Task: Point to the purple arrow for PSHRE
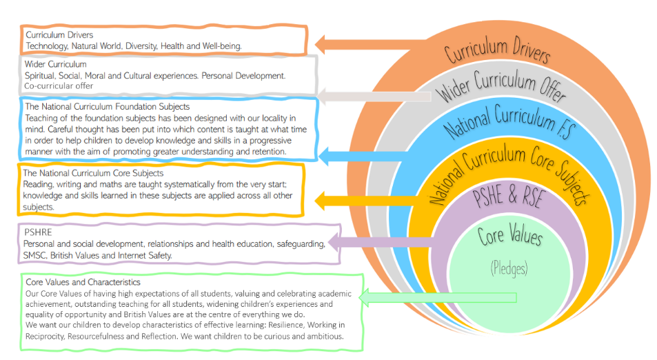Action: pyautogui.click(x=379, y=242)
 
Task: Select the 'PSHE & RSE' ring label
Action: pyautogui.click(x=507, y=198)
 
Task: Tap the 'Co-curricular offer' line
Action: pyautogui.click(x=59, y=86)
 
